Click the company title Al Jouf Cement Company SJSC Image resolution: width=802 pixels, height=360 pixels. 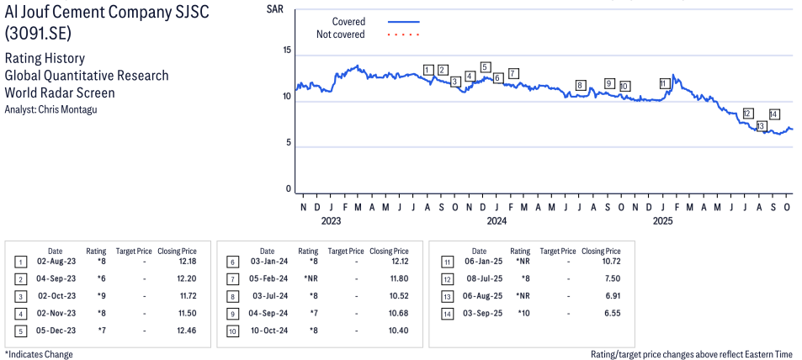tap(108, 15)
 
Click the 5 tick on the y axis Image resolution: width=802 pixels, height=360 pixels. tap(288, 143)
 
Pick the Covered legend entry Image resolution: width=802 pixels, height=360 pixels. tap(348, 22)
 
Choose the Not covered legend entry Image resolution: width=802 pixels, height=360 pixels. tap(340, 34)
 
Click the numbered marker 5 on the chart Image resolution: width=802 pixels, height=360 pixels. tap(485, 67)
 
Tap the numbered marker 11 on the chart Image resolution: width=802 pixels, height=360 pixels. tap(665, 83)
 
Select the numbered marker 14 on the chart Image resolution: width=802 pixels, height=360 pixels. tap(773, 114)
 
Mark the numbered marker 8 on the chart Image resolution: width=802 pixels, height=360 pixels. tap(580, 85)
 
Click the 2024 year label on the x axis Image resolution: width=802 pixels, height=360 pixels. tap(497, 221)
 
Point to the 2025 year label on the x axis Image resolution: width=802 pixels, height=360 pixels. tap(663, 221)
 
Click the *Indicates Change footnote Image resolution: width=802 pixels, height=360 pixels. tap(39, 354)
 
